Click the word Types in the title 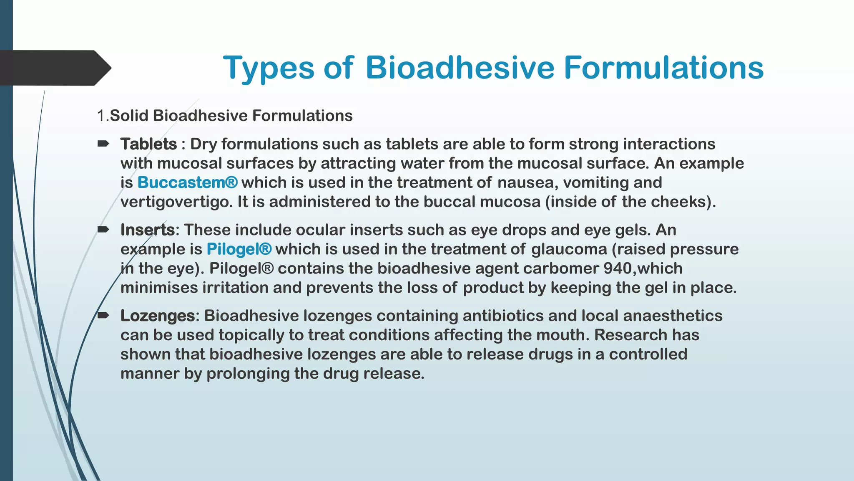tap(269, 68)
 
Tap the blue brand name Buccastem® tap(188, 182)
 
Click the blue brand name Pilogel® tap(239, 249)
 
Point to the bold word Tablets tap(149, 144)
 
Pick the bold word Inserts tap(148, 230)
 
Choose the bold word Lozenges tap(157, 316)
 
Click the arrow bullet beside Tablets tap(103, 144)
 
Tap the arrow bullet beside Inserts tap(103, 229)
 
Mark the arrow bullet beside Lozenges tap(103, 315)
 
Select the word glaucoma tap(569, 249)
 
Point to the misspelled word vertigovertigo tap(176, 202)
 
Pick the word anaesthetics tap(673, 316)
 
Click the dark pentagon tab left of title tap(54, 68)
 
